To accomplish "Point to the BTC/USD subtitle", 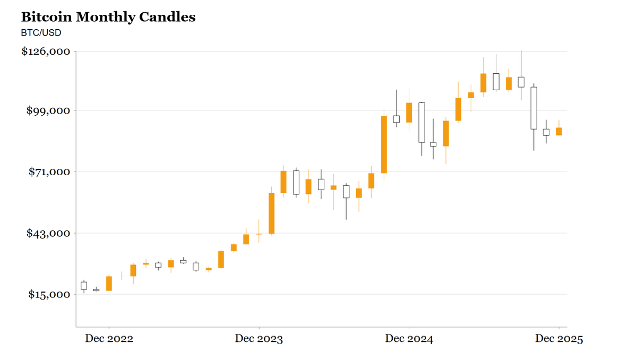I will point(41,33).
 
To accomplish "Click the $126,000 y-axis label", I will point(46,52).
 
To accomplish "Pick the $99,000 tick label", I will point(48,110).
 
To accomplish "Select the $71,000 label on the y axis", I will point(48,172).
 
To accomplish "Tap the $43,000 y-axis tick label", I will point(48,233).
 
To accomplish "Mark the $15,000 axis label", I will point(48,295).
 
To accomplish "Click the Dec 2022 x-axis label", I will point(109,339).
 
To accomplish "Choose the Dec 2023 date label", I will point(259,339).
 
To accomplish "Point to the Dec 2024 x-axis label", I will point(409,339).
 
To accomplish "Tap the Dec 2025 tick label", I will point(558,339).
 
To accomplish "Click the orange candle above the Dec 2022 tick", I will point(109,284).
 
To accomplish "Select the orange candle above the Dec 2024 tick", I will point(409,113).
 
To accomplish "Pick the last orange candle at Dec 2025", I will point(559,131).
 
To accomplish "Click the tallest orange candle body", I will point(384,144).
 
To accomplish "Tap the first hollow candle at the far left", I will point(84,286).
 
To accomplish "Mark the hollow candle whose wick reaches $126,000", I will point(521,82).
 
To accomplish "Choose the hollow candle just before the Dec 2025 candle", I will point(546,132).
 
